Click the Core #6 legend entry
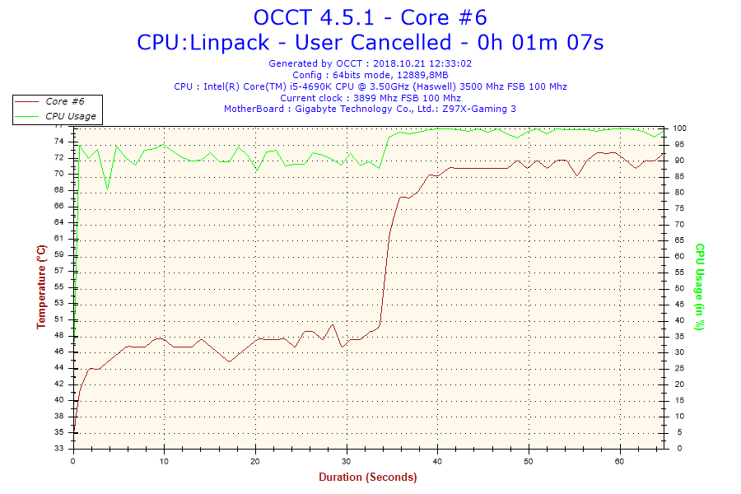[64, 101]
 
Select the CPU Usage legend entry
[70, 116]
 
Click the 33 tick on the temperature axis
[58, 449]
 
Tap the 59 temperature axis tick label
[58, 254]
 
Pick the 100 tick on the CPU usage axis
[681, 128]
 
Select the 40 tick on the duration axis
[438, 461]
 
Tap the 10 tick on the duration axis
[165, 461]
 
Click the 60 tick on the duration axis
[620, 461]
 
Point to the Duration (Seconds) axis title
[367, 477]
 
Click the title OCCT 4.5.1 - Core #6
[375, 17]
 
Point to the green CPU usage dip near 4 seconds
[108, 189]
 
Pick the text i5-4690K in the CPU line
[306, 86]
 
